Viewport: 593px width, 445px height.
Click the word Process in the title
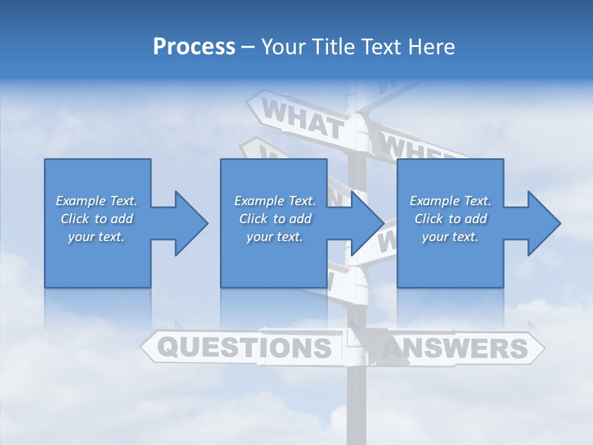point(194,47)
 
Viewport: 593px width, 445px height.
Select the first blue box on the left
point(98,260)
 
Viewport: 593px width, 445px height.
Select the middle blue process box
point(274,260)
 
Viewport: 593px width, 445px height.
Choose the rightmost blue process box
point(450,260)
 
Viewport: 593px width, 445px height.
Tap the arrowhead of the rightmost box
point(544,223)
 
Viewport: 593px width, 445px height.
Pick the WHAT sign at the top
point(302,119)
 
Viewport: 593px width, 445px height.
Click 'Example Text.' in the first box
point(96,201)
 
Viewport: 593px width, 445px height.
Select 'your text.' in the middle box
point(274,237)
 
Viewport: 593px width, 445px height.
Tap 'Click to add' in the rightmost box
point(450,219)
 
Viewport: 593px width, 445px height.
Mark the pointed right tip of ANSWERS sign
point(542,349)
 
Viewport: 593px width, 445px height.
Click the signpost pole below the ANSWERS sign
point(358,402)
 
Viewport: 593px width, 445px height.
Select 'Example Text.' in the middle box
point(274,201)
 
